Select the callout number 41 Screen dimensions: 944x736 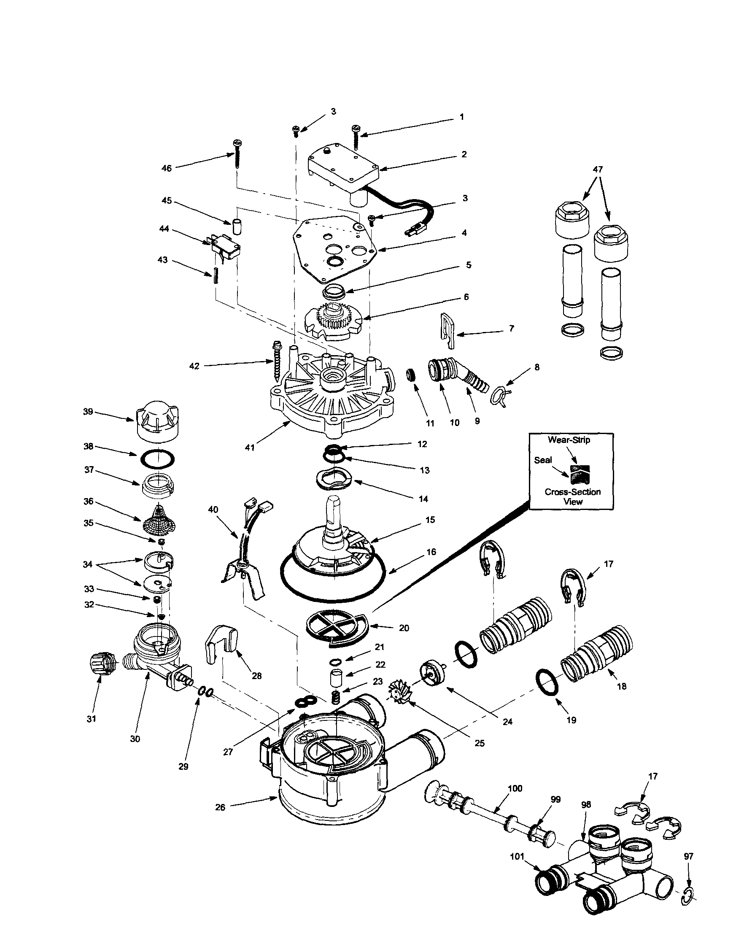point(250,448)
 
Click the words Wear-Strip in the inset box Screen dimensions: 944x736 point(569,440)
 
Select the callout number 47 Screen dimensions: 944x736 point(598,170)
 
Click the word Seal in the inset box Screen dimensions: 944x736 point(543,460)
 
